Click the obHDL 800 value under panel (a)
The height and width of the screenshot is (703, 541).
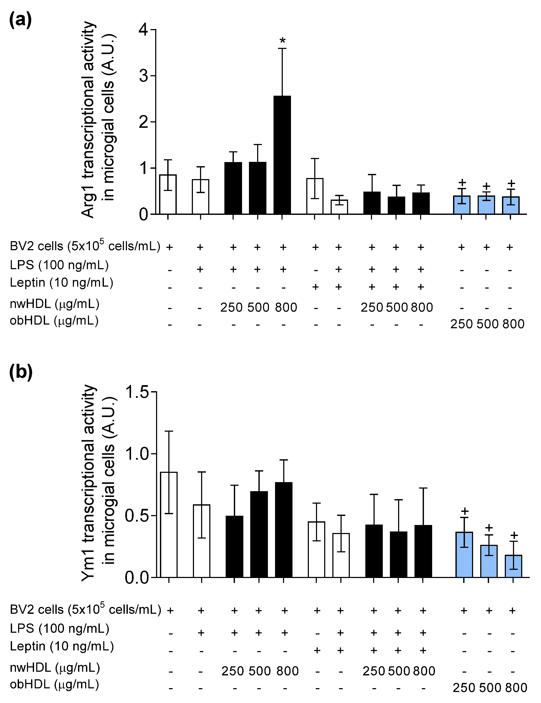pyautogui.click(x=513, y=324)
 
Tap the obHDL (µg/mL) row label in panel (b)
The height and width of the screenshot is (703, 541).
pyautogui.click(x=54, y=684)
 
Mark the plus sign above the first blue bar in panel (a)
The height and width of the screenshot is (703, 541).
pyautogui.click(x=462, y=183)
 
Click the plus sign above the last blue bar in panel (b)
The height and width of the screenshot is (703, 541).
pyautogui.click(x=514, y=535)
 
